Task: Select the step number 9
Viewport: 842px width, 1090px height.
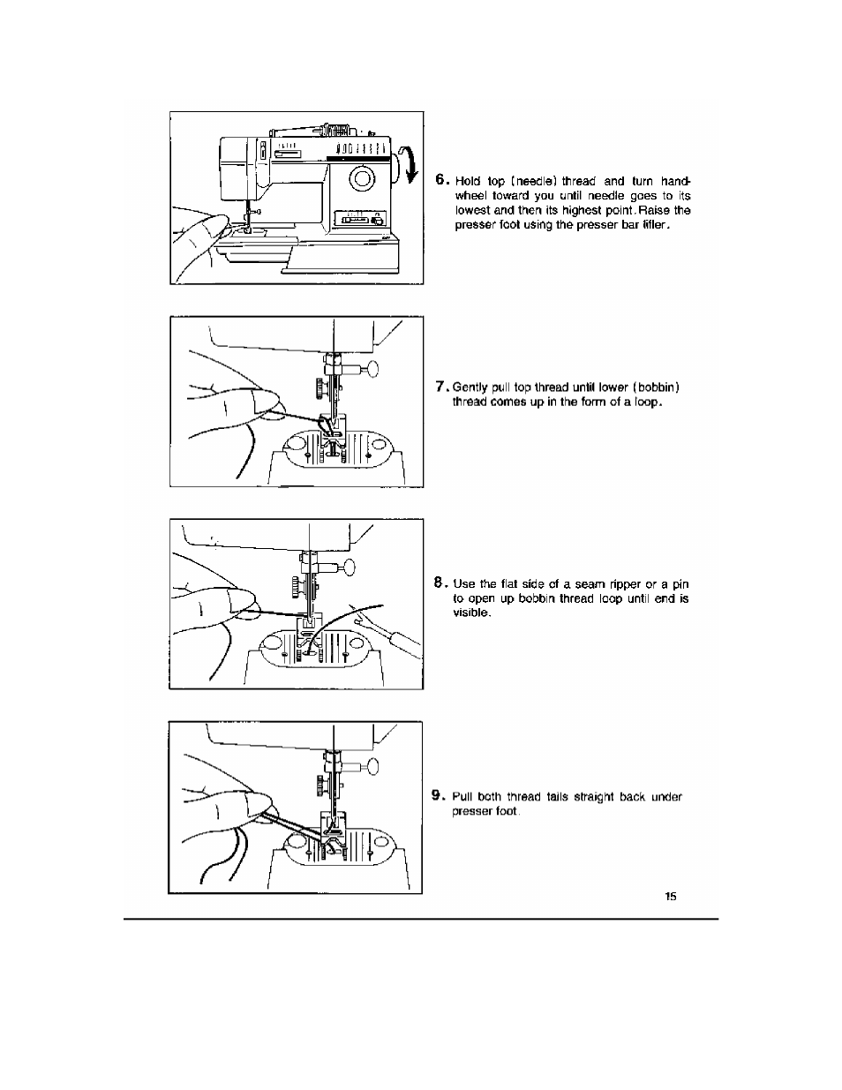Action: [x=438, y=795]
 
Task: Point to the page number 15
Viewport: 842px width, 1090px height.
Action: [x=671, y=897]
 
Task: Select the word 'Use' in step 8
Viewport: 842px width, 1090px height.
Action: [x=462, y=583]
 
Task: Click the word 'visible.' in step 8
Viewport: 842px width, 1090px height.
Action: [x=470, y=613]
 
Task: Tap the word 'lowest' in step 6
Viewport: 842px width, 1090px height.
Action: [x=472, y=210]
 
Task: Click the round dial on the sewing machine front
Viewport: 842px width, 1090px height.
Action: [x=363, y=181]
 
